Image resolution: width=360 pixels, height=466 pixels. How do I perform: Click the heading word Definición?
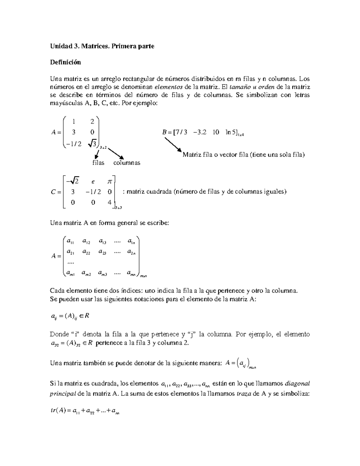(65, 62)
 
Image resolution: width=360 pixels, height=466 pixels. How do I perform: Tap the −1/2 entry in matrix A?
(73, 144)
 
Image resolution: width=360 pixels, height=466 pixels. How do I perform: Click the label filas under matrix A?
(98, 163)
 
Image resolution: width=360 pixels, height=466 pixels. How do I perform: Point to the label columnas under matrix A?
(127, 163)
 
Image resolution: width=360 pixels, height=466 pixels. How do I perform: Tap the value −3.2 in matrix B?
(200, 132)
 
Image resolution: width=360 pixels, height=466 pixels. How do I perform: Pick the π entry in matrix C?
(109, 181)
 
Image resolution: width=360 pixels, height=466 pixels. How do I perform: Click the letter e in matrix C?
(93, 181)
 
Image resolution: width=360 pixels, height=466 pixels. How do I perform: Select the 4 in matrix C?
(109, 202)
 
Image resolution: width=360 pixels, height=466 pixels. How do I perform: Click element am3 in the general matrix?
(102, 273)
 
